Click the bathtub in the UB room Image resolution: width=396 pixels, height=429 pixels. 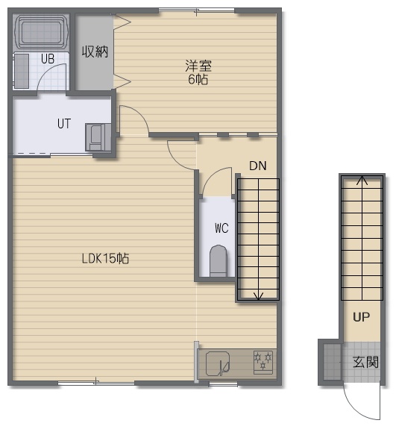click(x=41, y=32)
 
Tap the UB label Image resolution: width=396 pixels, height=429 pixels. click(x=48, y=58)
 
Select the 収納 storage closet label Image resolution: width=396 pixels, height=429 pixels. click(x=95, y=51)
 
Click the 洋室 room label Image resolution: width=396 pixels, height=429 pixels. click(x=198, y=66)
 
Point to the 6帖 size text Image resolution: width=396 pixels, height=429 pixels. click(x=198, y=79)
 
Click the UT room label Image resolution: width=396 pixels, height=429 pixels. click(x=64, y=123)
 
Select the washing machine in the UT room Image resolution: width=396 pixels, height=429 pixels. click(x=98, y=137)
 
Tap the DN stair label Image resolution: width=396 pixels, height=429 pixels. click(x=257, y=166)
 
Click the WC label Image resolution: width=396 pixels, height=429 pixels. click(x=221, y=228)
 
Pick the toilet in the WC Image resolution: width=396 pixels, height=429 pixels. click(x=219, y=260)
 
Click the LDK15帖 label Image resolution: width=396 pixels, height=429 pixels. click(x=106, y=258)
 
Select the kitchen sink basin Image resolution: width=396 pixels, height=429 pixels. click(x=218, y=363)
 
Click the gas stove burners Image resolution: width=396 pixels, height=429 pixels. click(x=263, y=362)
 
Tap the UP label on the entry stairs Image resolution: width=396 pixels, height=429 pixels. click(x=361, y=317)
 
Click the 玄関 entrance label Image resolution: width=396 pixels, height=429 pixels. click(x=365, y=362)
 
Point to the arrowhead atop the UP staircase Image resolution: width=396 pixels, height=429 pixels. click(x=362, y=181)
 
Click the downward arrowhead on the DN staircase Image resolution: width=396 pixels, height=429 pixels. click(x=259, y=296)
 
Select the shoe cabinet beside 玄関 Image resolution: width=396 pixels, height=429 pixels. click(x=333, y=362)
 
